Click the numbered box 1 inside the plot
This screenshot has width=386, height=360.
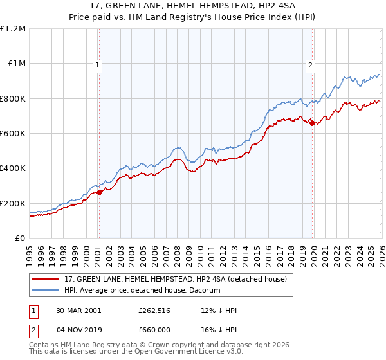97,64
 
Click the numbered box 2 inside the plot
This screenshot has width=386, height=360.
310,64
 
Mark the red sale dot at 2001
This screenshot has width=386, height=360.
100,192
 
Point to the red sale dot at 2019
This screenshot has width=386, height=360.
312,123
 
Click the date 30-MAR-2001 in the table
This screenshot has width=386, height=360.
79,310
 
